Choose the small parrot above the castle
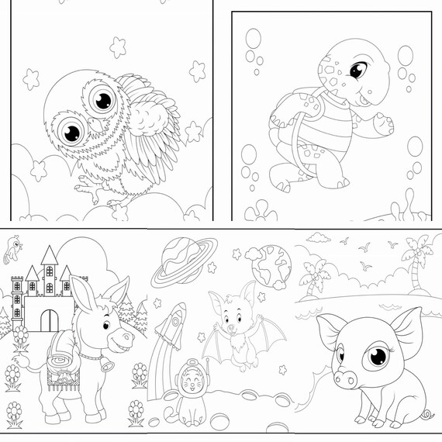12,250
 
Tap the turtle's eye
358,71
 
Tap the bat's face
231,314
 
